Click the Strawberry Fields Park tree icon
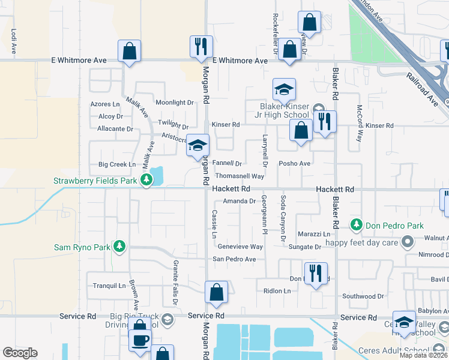pos(146,180)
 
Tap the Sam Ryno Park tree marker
pos(119,246)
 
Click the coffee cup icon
pos(140,340)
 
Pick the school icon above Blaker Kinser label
pos(284,90)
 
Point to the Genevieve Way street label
pos(240,247)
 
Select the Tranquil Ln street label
pos(109,286)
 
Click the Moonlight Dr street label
pos(175,103)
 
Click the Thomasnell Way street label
pos(240,176)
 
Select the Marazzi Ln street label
pos(314,234)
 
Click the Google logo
pos(20,353)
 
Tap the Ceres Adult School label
pos(394,350)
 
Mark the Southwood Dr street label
pos(363,296)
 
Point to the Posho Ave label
pos(294,163)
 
